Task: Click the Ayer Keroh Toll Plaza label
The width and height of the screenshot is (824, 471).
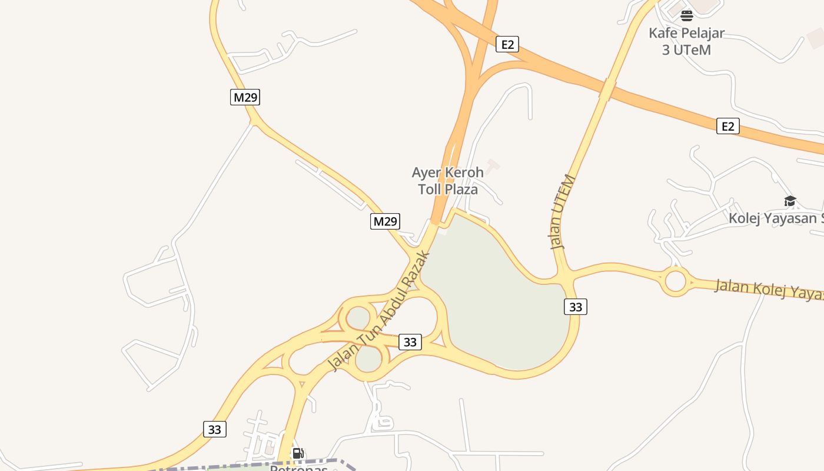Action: [x=447, y=181]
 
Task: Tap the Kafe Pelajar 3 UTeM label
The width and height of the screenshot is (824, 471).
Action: [x=686, y=41]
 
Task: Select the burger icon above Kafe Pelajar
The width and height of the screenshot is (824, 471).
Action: [x=687, y=16]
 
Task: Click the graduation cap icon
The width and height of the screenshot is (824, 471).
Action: [x=790, y=201]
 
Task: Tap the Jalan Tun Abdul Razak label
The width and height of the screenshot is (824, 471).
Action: [x=380, y=312]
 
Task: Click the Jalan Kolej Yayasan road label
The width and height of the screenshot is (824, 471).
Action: [x=768, y=290]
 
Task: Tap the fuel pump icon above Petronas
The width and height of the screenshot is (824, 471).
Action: [x=298, y=453]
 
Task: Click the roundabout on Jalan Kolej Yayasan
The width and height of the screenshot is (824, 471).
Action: [x=676, y=281]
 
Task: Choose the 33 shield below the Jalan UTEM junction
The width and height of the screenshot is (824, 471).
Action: [x=576, y=307]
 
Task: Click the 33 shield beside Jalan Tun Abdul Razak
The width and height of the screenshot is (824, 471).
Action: [x=410, y=342]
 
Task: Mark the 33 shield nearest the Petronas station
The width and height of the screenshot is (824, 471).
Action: [x=215, y=429]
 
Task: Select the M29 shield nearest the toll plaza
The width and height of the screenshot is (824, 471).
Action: [x=386, y=221]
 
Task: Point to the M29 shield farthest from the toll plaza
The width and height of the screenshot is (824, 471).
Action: [x=245, y=97]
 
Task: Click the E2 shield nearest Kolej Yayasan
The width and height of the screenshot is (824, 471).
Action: [x=728, y=126]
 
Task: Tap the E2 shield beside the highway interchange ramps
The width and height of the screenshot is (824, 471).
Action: [x=507, y=44]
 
